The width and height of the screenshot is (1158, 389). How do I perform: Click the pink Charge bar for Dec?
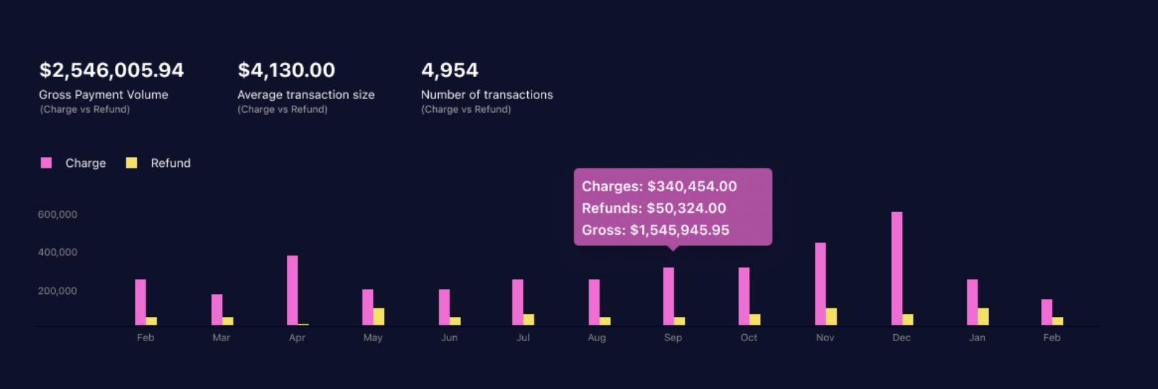897,268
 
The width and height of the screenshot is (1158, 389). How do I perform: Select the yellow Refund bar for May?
379,316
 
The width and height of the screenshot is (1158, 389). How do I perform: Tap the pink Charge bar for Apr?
293,290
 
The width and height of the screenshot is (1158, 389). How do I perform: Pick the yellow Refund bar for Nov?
831,316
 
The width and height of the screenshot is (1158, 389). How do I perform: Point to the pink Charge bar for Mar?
217,309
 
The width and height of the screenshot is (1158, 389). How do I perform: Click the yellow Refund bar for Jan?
983,316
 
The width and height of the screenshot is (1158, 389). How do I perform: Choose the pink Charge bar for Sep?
669,296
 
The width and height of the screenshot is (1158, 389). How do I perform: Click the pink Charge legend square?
46,163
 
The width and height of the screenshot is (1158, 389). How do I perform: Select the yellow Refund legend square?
131,163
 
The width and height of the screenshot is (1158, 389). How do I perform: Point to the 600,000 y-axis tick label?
58,214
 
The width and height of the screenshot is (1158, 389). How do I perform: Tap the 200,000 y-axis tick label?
58,291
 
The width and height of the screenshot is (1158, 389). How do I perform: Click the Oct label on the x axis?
748,338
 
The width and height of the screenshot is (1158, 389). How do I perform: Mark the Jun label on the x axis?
449,338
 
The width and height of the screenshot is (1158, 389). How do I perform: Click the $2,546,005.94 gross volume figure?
111,70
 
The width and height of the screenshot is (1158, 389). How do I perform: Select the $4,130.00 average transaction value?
286,70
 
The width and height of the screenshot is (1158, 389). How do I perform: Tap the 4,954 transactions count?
450,70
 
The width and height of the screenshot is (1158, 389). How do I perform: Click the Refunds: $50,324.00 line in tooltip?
654,208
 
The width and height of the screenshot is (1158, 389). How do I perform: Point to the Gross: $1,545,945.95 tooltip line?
656,230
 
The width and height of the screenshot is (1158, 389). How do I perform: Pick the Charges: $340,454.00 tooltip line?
659,186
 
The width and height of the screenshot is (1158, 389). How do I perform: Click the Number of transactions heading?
487,94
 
